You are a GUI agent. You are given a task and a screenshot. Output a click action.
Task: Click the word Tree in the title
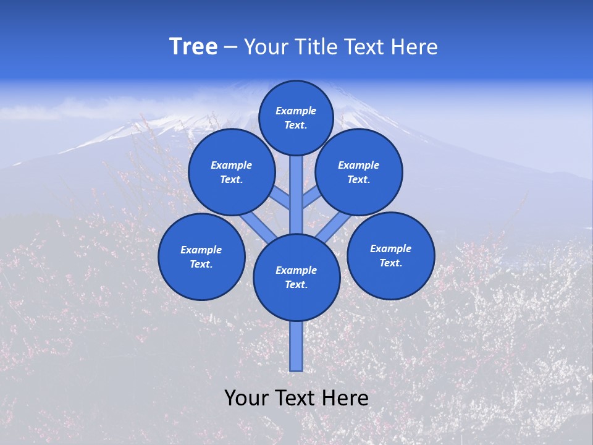[193, 47]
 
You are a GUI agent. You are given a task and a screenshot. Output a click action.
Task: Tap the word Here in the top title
[415, 47]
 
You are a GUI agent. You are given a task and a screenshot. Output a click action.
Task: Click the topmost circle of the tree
[296, 117]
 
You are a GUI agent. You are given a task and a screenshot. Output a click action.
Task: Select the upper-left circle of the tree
[232, 172]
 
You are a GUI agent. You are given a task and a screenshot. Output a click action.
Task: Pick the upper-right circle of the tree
[359, 172]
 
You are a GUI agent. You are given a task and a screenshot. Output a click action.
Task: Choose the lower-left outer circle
[201, 256]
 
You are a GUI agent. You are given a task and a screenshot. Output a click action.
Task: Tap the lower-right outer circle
[390, 255]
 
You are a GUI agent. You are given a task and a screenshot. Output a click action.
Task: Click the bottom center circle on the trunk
[296, 278]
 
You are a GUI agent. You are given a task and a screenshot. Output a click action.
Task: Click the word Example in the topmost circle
[296, 111]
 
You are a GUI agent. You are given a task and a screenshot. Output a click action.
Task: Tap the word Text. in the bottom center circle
[296, 285]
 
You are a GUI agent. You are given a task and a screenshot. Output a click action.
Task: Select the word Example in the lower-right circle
[390, 248]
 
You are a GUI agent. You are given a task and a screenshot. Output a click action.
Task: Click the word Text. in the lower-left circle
[201, 265]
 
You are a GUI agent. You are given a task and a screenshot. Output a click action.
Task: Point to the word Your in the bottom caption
[246, 398]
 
